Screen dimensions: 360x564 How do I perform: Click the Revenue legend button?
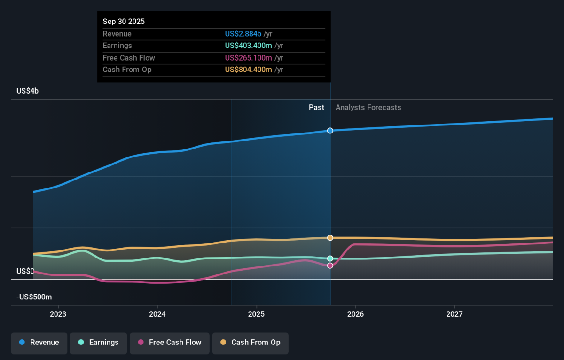(x=39, y=343)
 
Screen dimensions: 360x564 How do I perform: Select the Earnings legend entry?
(x=99, y=343)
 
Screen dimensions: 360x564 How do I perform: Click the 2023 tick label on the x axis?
(x=58, y=314)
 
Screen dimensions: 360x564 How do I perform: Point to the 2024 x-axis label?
(x=157, y=314)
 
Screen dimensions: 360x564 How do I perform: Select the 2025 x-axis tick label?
(x=256, y=314)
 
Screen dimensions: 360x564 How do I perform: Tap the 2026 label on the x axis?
(x=355, y=314)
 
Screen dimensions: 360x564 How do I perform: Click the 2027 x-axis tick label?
(x=454, y=314)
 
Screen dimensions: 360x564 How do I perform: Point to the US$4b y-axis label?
(x=28, y=91)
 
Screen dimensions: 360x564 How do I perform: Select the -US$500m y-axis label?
(x=34, y=297)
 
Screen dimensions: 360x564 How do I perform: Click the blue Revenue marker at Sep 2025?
(x=330, y=131)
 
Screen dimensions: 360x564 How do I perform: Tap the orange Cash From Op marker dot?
(x=330, y=238)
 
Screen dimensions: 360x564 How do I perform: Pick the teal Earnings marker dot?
(x=330, y=258)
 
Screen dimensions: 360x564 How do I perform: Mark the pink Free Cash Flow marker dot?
(x=330, y=266)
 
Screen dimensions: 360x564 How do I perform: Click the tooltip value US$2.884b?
(x=243, y=34)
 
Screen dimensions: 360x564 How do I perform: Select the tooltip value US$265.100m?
(x=248, y=58)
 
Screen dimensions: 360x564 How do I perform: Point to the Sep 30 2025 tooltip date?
(x=124, y=22)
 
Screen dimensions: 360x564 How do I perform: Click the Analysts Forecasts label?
(x=368, y=107)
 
